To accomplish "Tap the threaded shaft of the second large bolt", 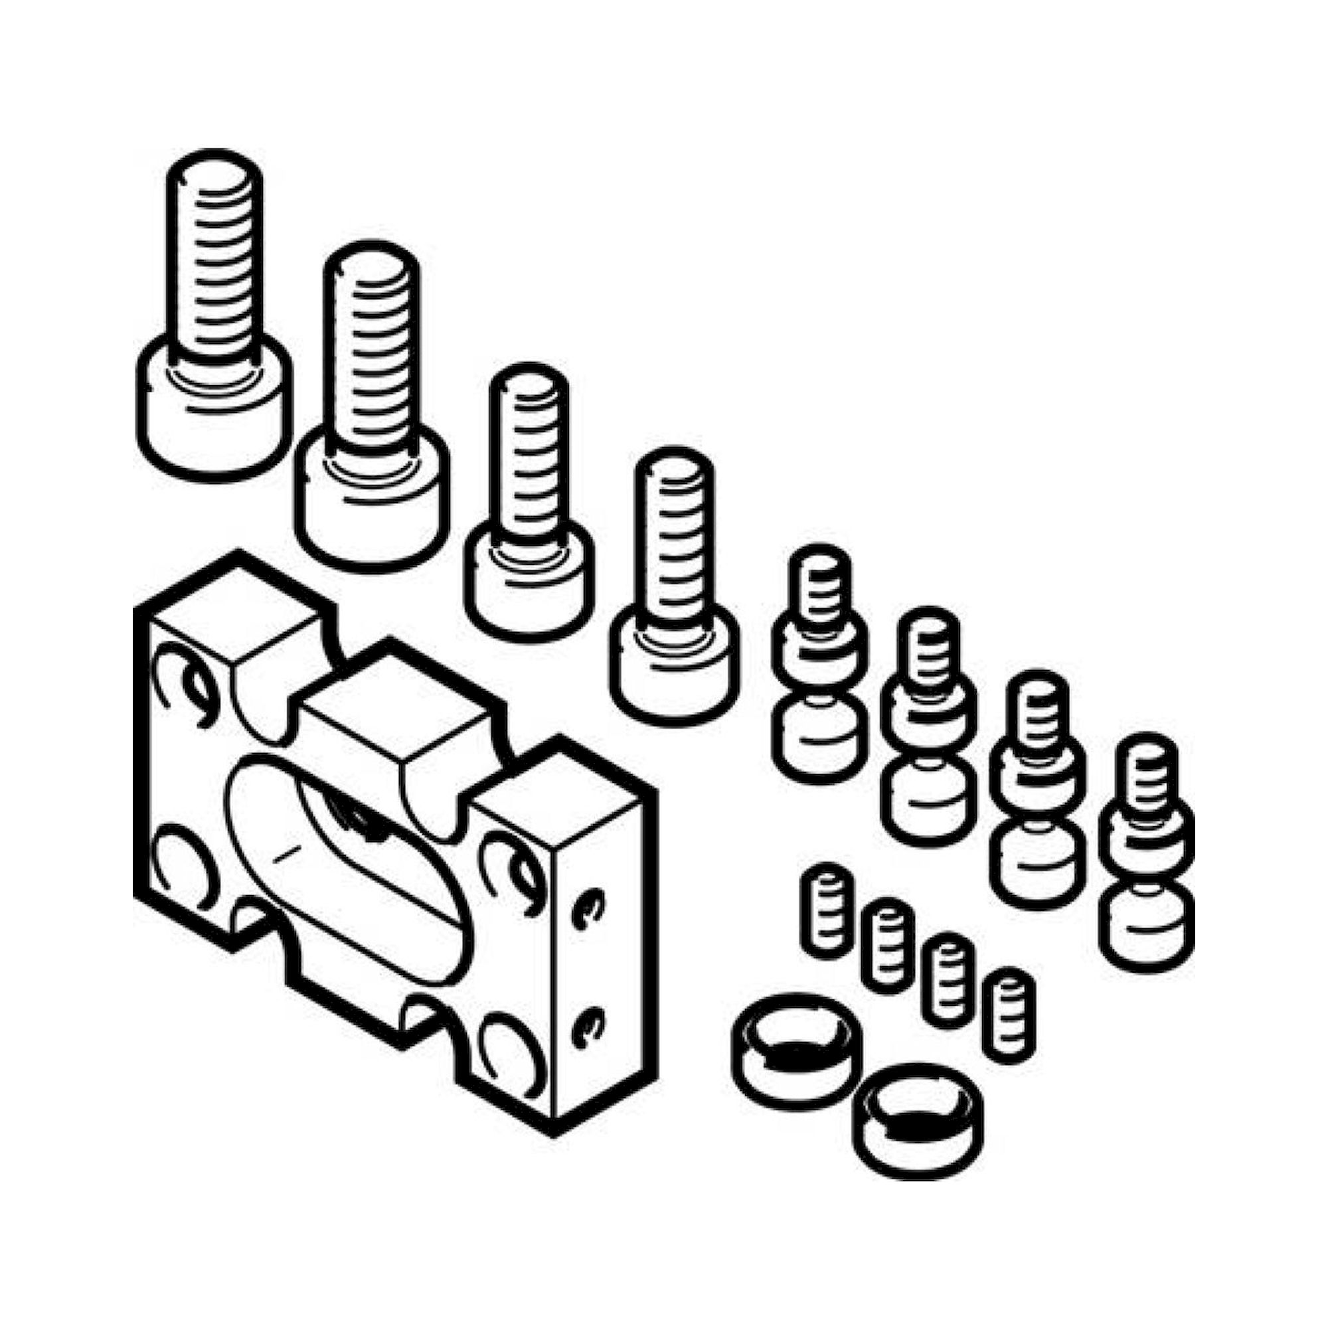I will [x=371, y=344].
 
